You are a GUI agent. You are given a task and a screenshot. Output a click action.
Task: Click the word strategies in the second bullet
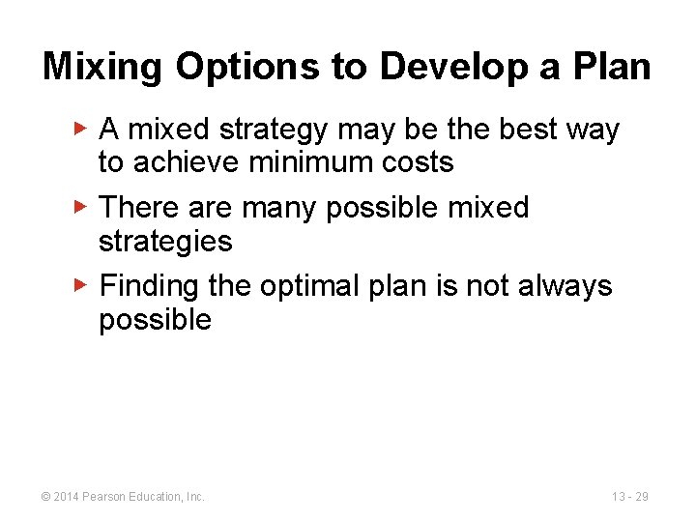click(x=165, y=241)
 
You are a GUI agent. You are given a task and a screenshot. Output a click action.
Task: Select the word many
click(x=276, y=208)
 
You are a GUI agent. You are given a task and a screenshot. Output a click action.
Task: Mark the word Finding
click(x=148, y=286)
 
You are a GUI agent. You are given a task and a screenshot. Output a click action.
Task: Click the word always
click(x=565, y=286)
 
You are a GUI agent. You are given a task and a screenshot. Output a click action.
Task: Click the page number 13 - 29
click(x=630, y=497)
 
